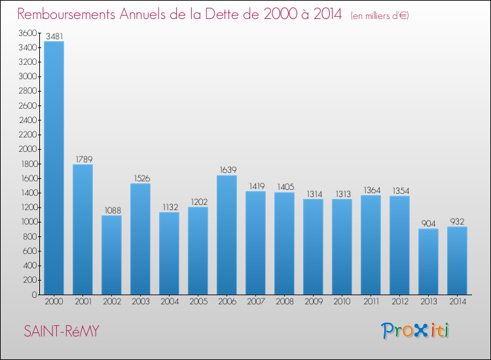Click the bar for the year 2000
[x=54, y=168]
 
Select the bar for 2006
[x=227, y=235]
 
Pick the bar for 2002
[x=111, y=255]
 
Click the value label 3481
[x=54, y=36]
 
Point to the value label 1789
[x=82, y=159]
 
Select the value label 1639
[x=227, y=170]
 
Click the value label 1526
[x=140, y=178]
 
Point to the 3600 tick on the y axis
[x=27, y=33]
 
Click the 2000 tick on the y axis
[x=27, y=149]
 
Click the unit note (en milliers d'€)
[x=380, y=15]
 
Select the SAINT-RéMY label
[x=62, y=332]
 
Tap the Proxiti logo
[x=416, y=331]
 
